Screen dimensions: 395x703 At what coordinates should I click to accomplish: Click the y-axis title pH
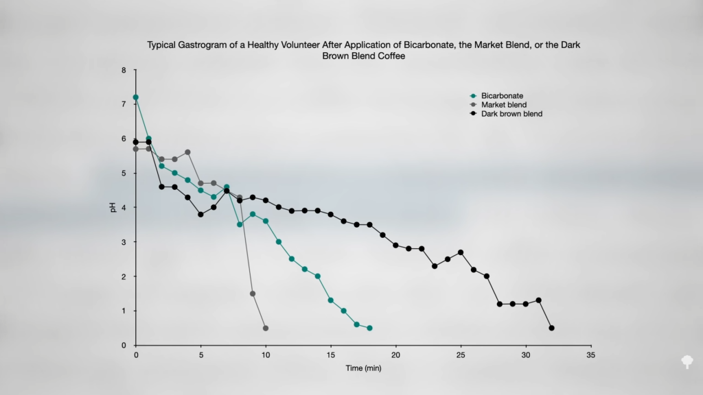coord(114,207)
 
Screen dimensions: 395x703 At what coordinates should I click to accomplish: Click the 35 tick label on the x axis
coord(590,355)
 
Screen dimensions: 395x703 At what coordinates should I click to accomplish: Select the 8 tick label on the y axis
coord(124,70)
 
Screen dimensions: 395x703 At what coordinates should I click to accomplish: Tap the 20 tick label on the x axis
coord(395,355)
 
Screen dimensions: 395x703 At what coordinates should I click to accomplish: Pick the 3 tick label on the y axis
coord(124,242)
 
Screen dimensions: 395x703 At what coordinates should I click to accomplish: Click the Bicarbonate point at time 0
coord(136,97)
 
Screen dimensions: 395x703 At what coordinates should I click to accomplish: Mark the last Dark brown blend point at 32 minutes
coord(551,328)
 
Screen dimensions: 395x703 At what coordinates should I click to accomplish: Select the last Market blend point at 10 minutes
coord(266,328)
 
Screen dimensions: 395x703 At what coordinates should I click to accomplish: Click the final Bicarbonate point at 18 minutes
coord(369,328)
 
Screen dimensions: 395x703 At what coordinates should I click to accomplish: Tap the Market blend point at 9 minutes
coord(253,294)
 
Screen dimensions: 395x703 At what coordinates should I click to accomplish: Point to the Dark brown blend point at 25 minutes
coord(461,252)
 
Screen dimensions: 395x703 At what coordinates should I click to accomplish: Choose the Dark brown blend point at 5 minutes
coord(200,214)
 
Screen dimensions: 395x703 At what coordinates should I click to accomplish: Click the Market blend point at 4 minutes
coord(187,152)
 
